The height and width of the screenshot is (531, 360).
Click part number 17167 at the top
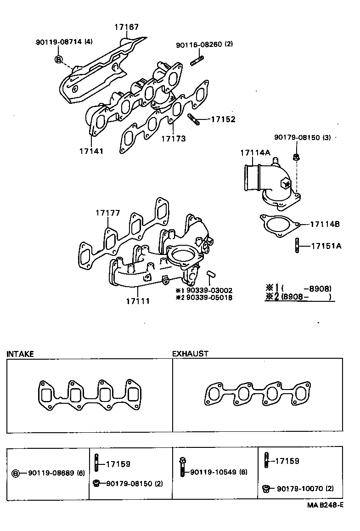(x=126, y=28)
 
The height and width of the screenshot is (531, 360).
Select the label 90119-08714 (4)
(x=64, y=42)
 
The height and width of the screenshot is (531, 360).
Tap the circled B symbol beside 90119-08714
(x=59, y=59)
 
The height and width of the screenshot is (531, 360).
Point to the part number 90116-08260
(x=204, y=45)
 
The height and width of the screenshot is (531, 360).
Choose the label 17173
(x=173, y=138)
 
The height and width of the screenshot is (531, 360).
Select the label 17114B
(x=324, y=224)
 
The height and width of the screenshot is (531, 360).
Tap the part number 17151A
(x=326, y=246)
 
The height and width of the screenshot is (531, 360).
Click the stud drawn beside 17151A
(x=298, y=245)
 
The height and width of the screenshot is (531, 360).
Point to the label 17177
(x=108, y=213)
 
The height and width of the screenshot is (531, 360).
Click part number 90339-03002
(x=208, y=290)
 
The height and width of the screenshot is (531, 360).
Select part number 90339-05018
(x=208, y=298)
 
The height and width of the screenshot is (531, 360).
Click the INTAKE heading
(x=20, y=354)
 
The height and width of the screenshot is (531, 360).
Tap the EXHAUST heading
(x=190, y=354)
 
